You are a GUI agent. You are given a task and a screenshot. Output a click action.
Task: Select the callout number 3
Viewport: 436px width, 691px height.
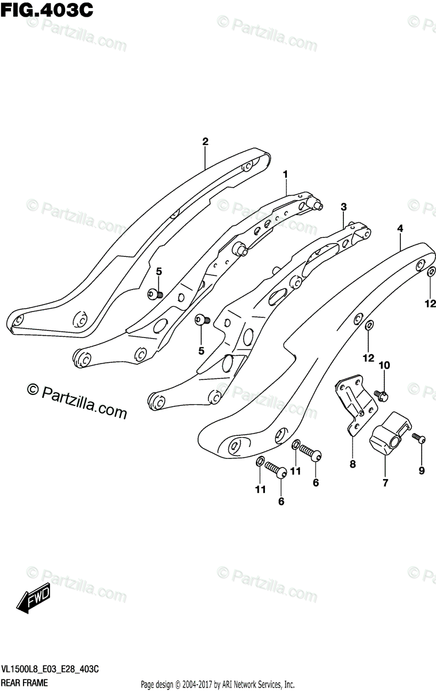[343, 207]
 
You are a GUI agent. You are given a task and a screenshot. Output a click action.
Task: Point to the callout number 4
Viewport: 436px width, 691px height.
[400, 229]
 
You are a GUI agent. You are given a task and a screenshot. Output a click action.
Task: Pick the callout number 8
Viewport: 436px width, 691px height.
[352, 464]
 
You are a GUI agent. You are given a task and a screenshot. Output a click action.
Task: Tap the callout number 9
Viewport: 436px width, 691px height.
[421, 471]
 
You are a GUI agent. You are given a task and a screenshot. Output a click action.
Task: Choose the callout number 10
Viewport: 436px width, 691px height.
[384, 365]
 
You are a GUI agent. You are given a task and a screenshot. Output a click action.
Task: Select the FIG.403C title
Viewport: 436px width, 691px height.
[46, 10]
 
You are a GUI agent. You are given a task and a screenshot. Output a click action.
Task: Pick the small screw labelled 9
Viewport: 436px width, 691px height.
[420, 440]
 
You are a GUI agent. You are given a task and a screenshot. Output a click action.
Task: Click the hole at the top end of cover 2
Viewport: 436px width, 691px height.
[247, 166]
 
